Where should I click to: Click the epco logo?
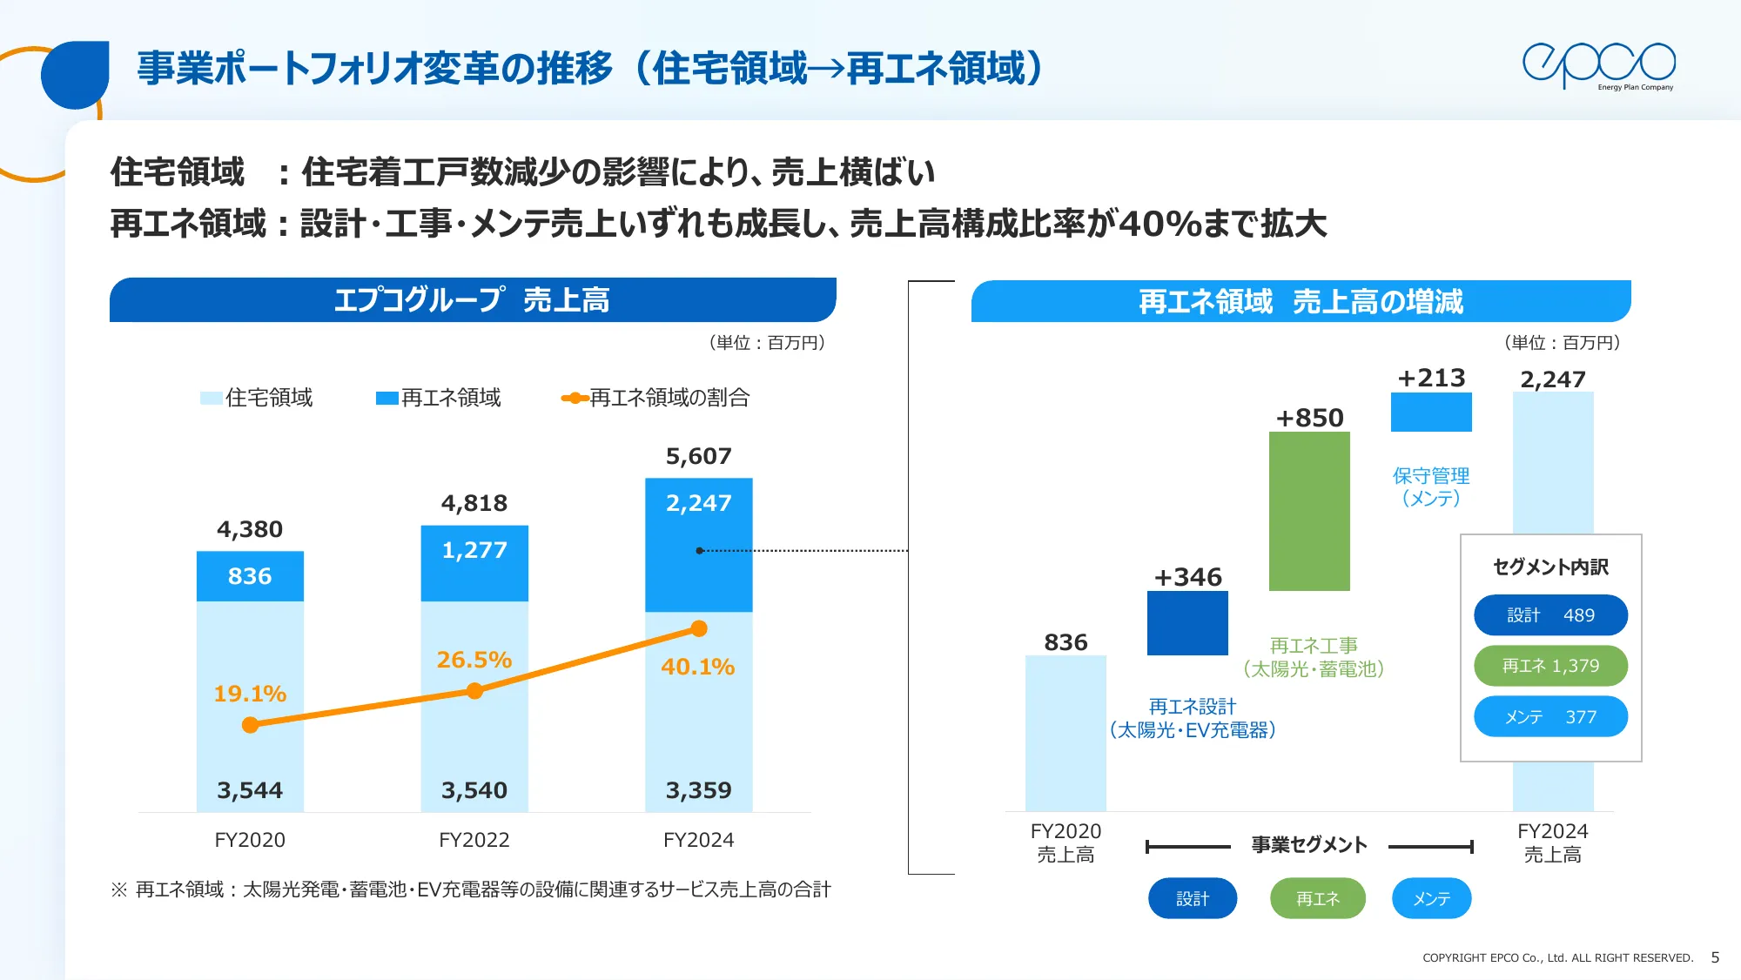coord(1598,65)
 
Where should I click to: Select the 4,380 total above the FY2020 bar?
coord(250,529)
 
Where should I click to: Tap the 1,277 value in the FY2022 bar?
coord(474,550)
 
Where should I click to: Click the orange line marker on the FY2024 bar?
coord(699,628)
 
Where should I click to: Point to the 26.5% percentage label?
coord(474,660)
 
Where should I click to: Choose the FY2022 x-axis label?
coord(474,840)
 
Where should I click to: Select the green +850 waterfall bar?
coord(1309,512)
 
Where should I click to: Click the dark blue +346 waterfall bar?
coord(1187,623)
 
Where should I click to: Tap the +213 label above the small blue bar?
coord(1431,378)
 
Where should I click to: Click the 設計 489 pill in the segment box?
coord(1550,615)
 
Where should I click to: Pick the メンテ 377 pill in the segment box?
coord(1550,716)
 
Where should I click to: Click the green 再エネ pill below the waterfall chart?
coord(1317,898)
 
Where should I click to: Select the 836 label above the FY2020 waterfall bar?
coord(1065,642)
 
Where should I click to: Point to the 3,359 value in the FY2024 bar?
coord(699,790)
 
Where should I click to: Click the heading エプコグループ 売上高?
coord(472,300)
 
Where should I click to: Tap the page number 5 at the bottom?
coord(1715,957)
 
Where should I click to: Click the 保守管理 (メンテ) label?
coord(1431,487)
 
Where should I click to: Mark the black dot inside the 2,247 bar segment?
coord(699,550)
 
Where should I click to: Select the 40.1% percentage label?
coord(698,667)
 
